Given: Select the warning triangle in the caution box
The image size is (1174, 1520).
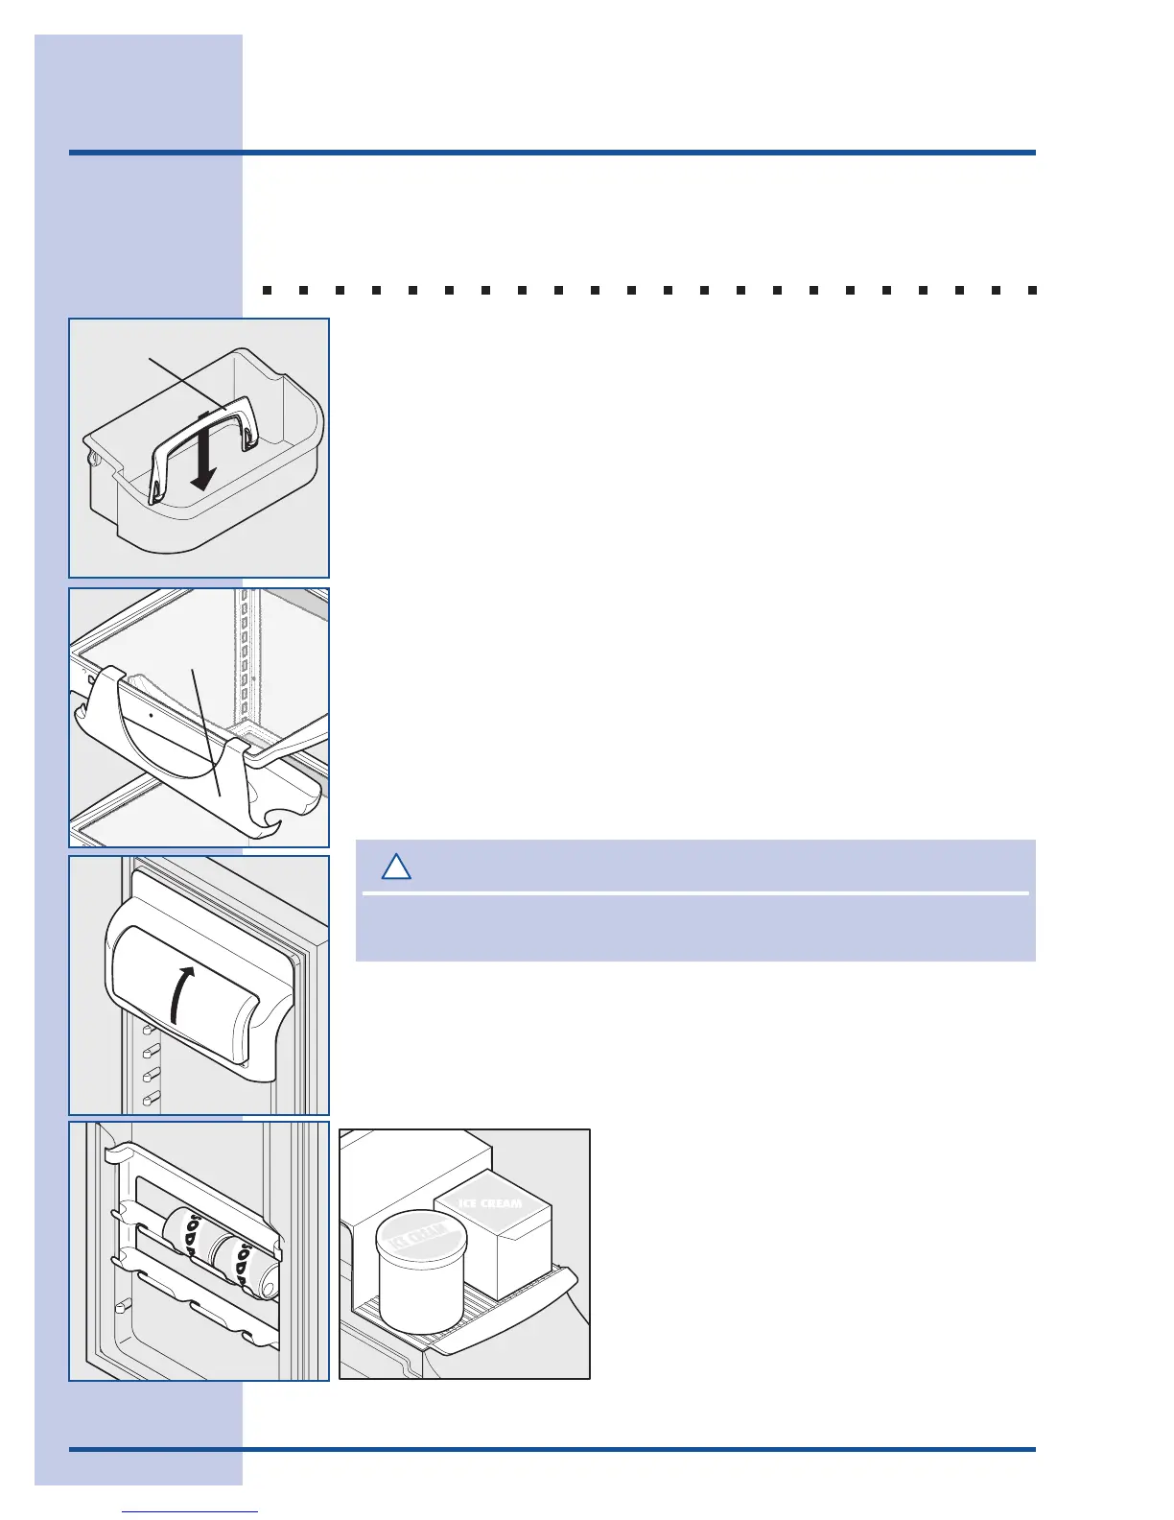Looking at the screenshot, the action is pos(396,867).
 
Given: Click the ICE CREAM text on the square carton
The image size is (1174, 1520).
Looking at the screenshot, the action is pos(490,1203).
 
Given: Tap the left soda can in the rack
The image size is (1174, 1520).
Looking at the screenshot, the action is pos(187,1233).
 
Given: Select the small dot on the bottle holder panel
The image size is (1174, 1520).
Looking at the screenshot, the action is pos(152,716).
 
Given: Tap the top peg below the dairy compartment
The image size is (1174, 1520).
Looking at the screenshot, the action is pos(150,1031).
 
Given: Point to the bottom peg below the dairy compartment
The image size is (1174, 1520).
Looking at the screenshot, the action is pos(150,1099).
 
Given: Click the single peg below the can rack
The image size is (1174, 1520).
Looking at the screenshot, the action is pos(122,1307).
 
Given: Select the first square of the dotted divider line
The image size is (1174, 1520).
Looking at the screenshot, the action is pos(267,289).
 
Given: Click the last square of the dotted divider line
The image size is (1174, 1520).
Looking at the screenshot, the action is pos(1032,289).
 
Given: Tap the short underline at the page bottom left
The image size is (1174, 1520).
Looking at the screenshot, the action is pos(190,1511).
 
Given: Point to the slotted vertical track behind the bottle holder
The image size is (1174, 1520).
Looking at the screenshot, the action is pos(245,653).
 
